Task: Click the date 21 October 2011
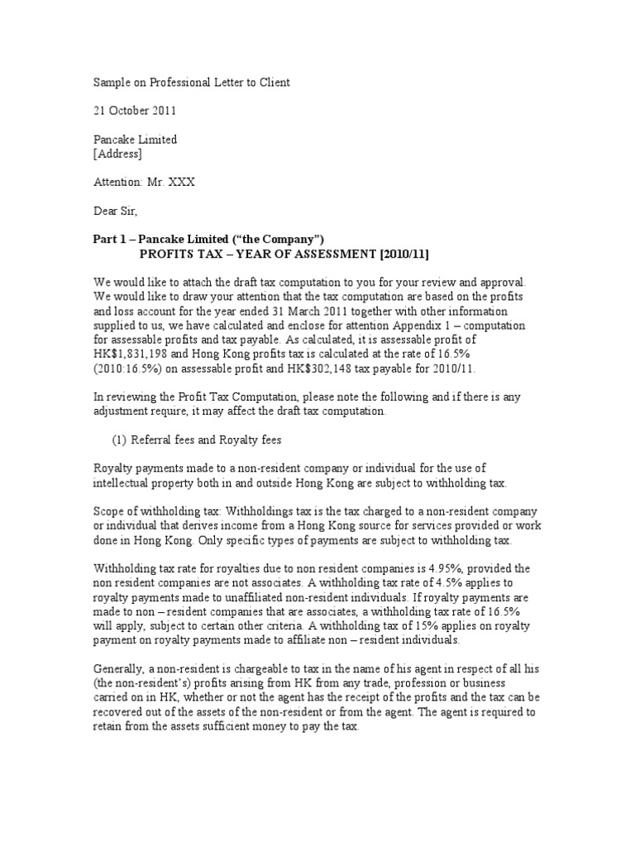133,110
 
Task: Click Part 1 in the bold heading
109,240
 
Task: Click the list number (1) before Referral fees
120,440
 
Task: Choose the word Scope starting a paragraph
109,512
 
